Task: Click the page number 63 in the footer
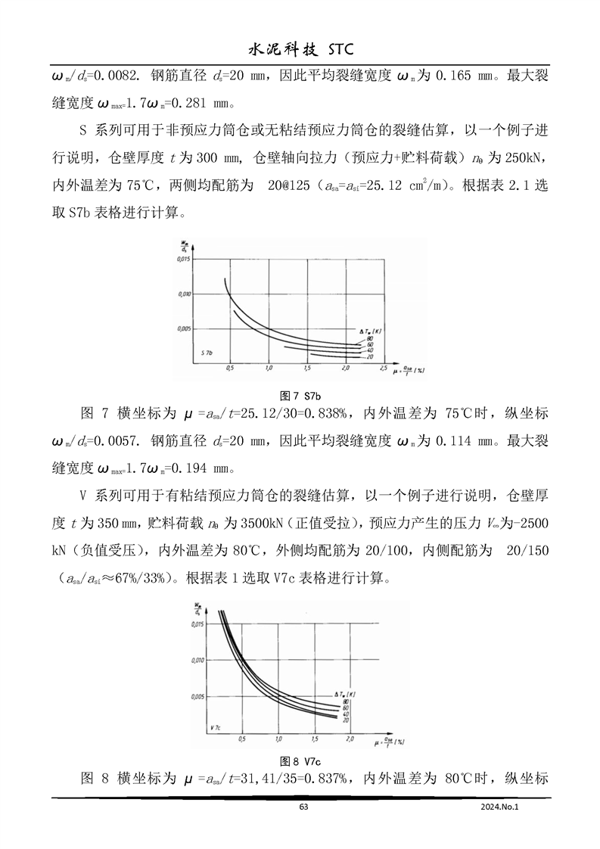tap(303, 807)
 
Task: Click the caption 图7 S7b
tap(301, 396)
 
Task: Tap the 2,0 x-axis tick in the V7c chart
tap(353, 737)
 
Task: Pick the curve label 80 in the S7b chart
tap(370, 338)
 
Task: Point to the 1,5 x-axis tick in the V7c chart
tap(316, 737)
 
